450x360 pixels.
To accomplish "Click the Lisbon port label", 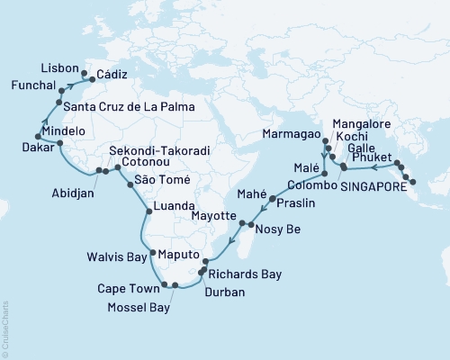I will tap(59, 67).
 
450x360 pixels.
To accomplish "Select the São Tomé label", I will tap(163, 180).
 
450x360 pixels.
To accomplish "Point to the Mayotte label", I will tap(214, 218).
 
